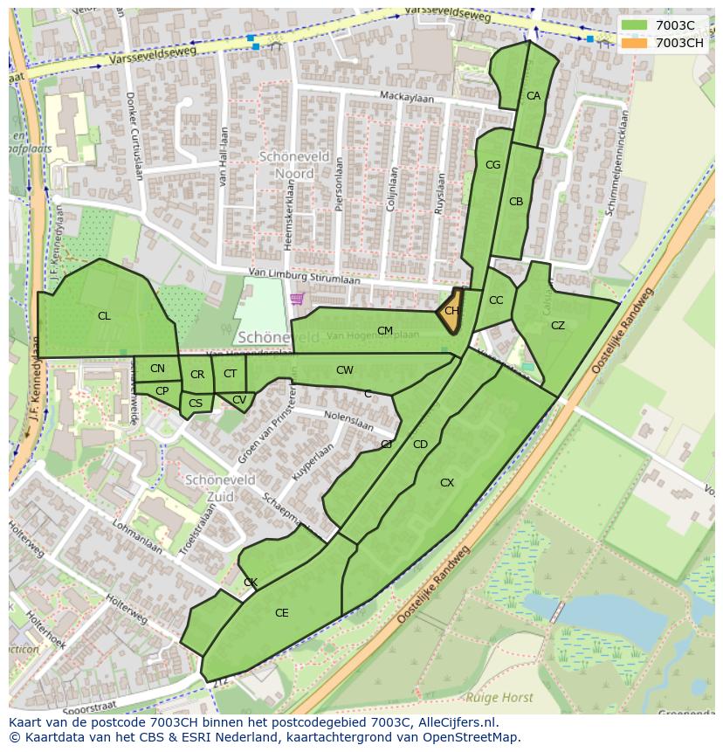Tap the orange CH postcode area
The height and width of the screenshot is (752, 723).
tap(451, 311)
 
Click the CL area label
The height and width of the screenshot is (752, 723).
tap(104, 316)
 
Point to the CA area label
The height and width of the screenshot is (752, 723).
tap(534, 96)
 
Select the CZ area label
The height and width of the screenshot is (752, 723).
tap(558, 326)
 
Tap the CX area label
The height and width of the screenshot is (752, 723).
tap(447, 483)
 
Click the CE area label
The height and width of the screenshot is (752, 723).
tap(281, 613)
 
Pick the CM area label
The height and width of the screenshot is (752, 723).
tap(385, 331)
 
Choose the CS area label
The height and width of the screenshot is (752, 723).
tap(196, 404)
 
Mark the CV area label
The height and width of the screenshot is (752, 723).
tap(239, 400)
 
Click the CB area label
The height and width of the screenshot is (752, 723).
tap(516, 202)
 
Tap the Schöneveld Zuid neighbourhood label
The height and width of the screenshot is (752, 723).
tap(220, 488)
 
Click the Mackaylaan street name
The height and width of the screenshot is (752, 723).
tap(406, 96)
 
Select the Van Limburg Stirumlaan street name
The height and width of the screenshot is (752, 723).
tap(304, 277)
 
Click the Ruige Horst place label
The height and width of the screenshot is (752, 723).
tap(499, 697)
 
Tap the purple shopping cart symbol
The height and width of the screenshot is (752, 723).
tap(297, 300)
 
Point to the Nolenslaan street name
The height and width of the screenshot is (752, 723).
tap(348, 422)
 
